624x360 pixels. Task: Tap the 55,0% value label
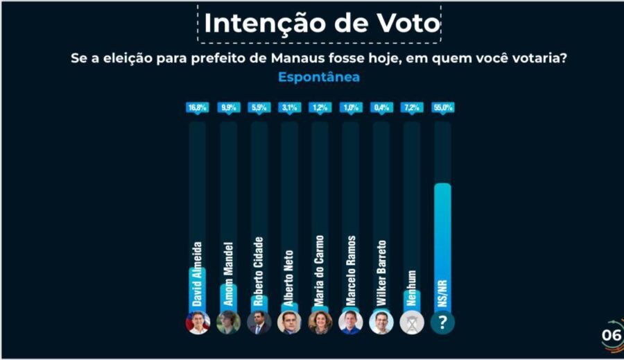442,108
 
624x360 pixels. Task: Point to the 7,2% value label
412,108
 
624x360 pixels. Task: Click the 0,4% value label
381,108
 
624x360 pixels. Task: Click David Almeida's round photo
198,323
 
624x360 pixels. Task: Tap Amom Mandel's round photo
229,323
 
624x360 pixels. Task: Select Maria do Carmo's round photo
320,323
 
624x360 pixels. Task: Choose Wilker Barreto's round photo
381,323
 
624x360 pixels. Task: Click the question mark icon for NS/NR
442,323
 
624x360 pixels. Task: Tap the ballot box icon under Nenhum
412,323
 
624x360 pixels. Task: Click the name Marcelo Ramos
351,271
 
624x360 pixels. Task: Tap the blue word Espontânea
319,77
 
